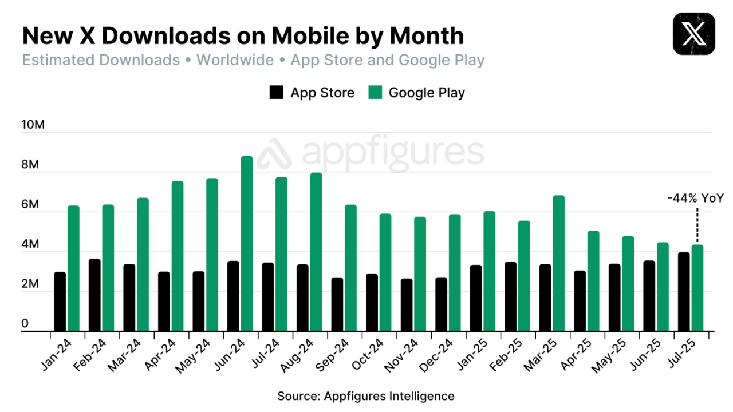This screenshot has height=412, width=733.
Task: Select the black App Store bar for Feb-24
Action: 94,295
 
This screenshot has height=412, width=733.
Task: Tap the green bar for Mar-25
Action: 558,263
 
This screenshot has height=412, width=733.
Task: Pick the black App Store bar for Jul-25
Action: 683,292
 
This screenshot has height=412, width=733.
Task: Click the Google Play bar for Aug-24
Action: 316,252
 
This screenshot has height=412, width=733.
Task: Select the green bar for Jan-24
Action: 73,268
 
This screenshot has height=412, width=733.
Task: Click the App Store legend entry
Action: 312,93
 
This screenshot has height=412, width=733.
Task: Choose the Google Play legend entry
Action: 416,93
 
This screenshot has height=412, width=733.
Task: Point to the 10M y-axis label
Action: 33,125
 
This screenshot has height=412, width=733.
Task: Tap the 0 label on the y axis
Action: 25,324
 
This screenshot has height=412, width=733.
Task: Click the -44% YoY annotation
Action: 695,199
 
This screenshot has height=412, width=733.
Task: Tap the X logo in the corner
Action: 694,34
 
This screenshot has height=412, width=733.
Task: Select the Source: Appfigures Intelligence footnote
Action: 366,396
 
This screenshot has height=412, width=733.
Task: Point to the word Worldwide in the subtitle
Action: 235,60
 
